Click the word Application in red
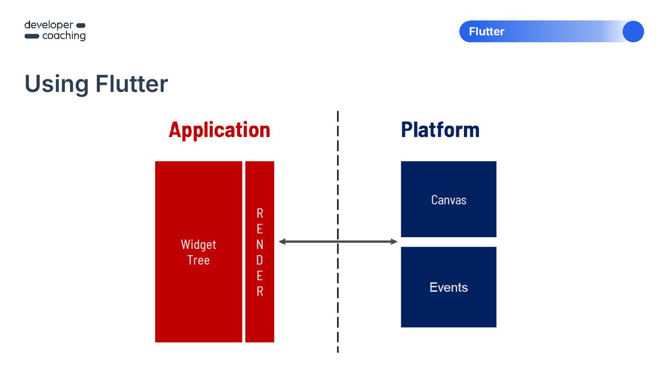(x=219, y=130)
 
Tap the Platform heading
(x=440, y=130)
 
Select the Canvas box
(x=449, y=199)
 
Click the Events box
(x=449, y=287)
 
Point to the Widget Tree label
(x=199, y=252)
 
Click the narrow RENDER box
(x=260, y=252)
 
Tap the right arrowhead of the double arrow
(x=394, y=241)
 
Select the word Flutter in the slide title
(x=132, y=84)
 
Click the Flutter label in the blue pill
(x=487, y=32)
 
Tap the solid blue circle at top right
(x=633, y=32)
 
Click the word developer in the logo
(x=49, y=25)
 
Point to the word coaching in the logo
(x=64, y=36)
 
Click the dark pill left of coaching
(x=32, y=36)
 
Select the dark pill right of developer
(x=81, y=25)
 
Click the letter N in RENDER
(x=260, y=244)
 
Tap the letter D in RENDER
(x=260, y=260)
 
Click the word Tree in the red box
(x=199, y=260)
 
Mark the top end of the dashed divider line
(x=338, y=112)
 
